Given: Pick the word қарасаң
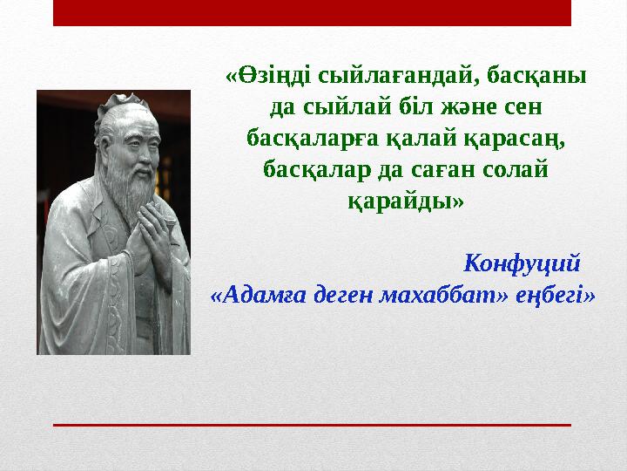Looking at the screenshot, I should pyautogui.click(x=520, y=139).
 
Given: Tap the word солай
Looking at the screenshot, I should pyautogui.click(x=520, y=169).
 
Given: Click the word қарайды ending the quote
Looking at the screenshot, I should pyautogui.click(x=406, y=201).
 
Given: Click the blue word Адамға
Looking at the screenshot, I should pyautogui.click(x=259, y=293).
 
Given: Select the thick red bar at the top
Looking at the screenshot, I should pyautogui.click(x=312, y=12).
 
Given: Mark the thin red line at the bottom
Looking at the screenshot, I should pyautogui.click(x=312, y=424).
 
